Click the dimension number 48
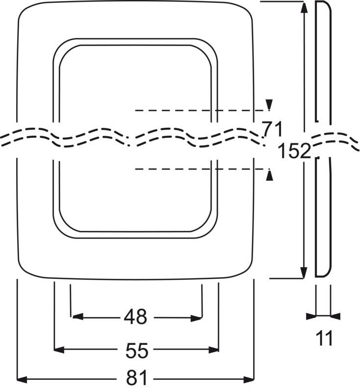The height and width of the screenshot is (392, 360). [135, 317]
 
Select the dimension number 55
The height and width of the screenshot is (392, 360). [137, 350]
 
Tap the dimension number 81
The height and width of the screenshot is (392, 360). [137, 378]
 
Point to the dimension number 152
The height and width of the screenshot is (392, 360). [294, 151]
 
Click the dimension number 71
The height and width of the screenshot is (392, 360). [272, 129]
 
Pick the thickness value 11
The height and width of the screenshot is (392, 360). [324, 338]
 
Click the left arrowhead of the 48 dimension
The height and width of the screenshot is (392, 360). [77, 317]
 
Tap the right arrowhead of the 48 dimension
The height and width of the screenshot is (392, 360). [196, 318]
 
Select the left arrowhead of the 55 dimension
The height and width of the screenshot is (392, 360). [59, 349]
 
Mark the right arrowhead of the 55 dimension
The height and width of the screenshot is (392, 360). [214, 350]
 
